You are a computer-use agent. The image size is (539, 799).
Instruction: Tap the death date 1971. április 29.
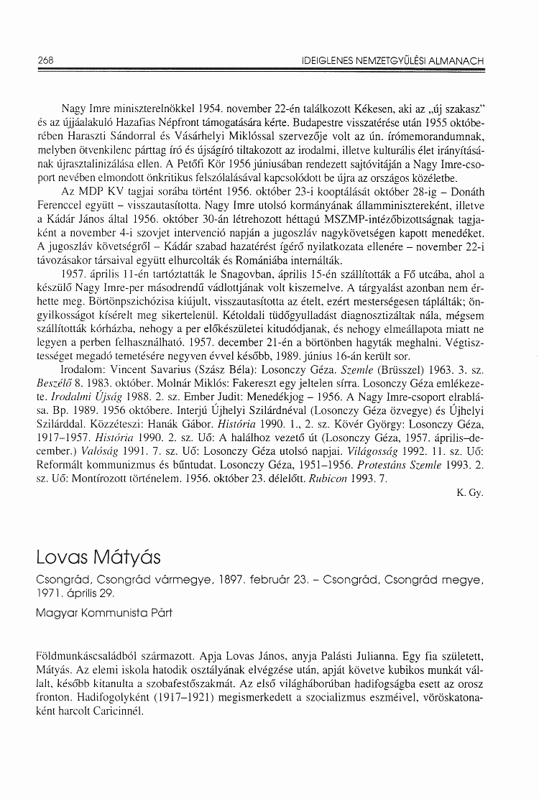pyautogui.click(x=72, y=594)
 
